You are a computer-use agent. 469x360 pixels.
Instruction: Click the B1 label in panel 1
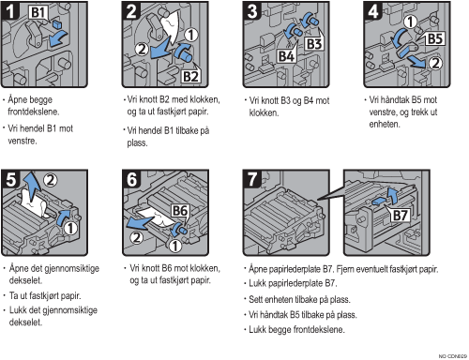(x=38, y=12)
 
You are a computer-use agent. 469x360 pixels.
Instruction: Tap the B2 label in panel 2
(x=190, y=76)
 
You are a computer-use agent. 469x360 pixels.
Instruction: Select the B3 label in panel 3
(x=314, y=44)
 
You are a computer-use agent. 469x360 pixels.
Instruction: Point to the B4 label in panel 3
(x=286, y=56)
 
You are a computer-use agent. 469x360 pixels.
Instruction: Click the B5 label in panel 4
(x=435, y=39)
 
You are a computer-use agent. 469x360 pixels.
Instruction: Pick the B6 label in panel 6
(x=180, y=211)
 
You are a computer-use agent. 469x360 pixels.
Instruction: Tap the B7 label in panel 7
(x=400, y=216)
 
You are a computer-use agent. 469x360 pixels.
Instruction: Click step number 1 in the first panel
(x=10, y=11)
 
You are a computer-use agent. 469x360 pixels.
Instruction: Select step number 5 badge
(x=10, y=180)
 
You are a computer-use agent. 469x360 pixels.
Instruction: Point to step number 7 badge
(x=252, y=180)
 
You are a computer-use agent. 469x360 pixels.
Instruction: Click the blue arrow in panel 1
(x=58, y=38)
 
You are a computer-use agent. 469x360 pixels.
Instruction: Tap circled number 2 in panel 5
(x=50, y=180)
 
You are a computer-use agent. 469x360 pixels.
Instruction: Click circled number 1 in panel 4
(x=410, y=22)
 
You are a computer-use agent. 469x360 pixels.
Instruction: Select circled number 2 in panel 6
(x=136, y=237)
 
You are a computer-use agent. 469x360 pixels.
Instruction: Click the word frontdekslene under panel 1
(x=34, y=112)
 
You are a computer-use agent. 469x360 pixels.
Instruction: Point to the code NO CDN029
(x=453, y=356)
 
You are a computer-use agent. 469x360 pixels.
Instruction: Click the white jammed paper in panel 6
(x=155, y=217)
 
